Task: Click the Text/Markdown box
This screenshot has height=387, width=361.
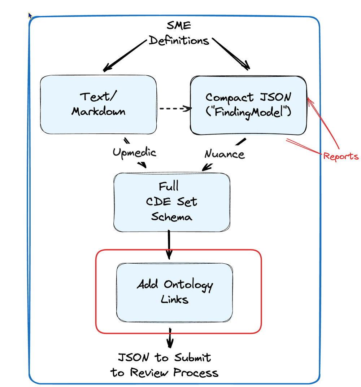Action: (x=98, y=105)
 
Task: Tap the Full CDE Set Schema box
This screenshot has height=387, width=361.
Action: (x=171, y=202)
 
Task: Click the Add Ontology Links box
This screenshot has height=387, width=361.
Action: (x=174, y=292)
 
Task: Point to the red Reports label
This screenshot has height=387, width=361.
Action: (x=341, y=156)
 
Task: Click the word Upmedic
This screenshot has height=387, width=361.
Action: (x=134, y=153)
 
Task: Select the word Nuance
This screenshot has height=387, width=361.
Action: (x=224, y=154)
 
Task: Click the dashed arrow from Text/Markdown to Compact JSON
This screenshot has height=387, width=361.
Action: (x=175, y=108)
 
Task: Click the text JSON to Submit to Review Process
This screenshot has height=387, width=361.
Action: (x=165, y=365)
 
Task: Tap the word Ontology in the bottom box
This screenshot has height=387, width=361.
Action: (x=188, y=285)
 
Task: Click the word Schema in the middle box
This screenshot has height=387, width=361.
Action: (x=171, y=217)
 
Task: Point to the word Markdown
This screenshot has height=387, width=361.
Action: (x=98, y=111)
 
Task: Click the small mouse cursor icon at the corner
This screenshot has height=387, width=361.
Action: (x=30, y=16)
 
